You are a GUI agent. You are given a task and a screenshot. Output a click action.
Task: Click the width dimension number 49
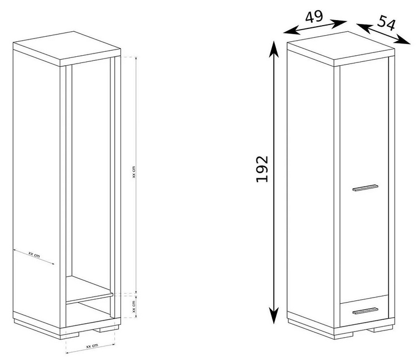tap(314, 17)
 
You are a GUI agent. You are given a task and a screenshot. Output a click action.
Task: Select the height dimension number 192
tap(262, 169)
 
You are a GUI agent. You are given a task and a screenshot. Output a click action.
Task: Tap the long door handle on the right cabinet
tap(365, 188)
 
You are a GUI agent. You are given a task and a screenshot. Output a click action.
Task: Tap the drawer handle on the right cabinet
tap(365, 311)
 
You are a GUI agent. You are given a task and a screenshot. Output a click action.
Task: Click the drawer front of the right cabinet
tap(364, 311)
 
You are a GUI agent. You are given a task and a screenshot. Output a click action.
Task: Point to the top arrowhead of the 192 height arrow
tap(274, 48)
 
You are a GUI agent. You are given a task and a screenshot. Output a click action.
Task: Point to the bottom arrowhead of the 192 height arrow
tap(274, 315)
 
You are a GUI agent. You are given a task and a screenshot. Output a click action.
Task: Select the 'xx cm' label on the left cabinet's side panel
tap(34, 255)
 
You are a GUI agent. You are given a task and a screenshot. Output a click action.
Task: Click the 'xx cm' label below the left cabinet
tap(92, 346)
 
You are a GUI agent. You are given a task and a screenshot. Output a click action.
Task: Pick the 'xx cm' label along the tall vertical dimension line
tap(134, 172)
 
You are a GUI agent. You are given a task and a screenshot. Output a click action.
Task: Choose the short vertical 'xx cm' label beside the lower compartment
tap(134, 307)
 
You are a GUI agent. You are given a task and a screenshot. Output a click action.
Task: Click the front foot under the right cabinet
tap(344, 336)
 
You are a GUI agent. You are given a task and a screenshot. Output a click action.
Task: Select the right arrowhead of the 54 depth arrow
tap(403, 40)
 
